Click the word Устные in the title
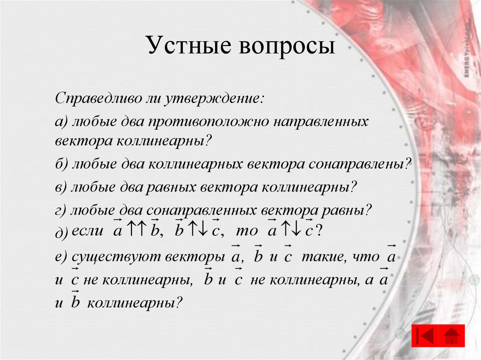point(189,47)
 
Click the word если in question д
point(89,231)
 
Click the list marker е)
point(62,257)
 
